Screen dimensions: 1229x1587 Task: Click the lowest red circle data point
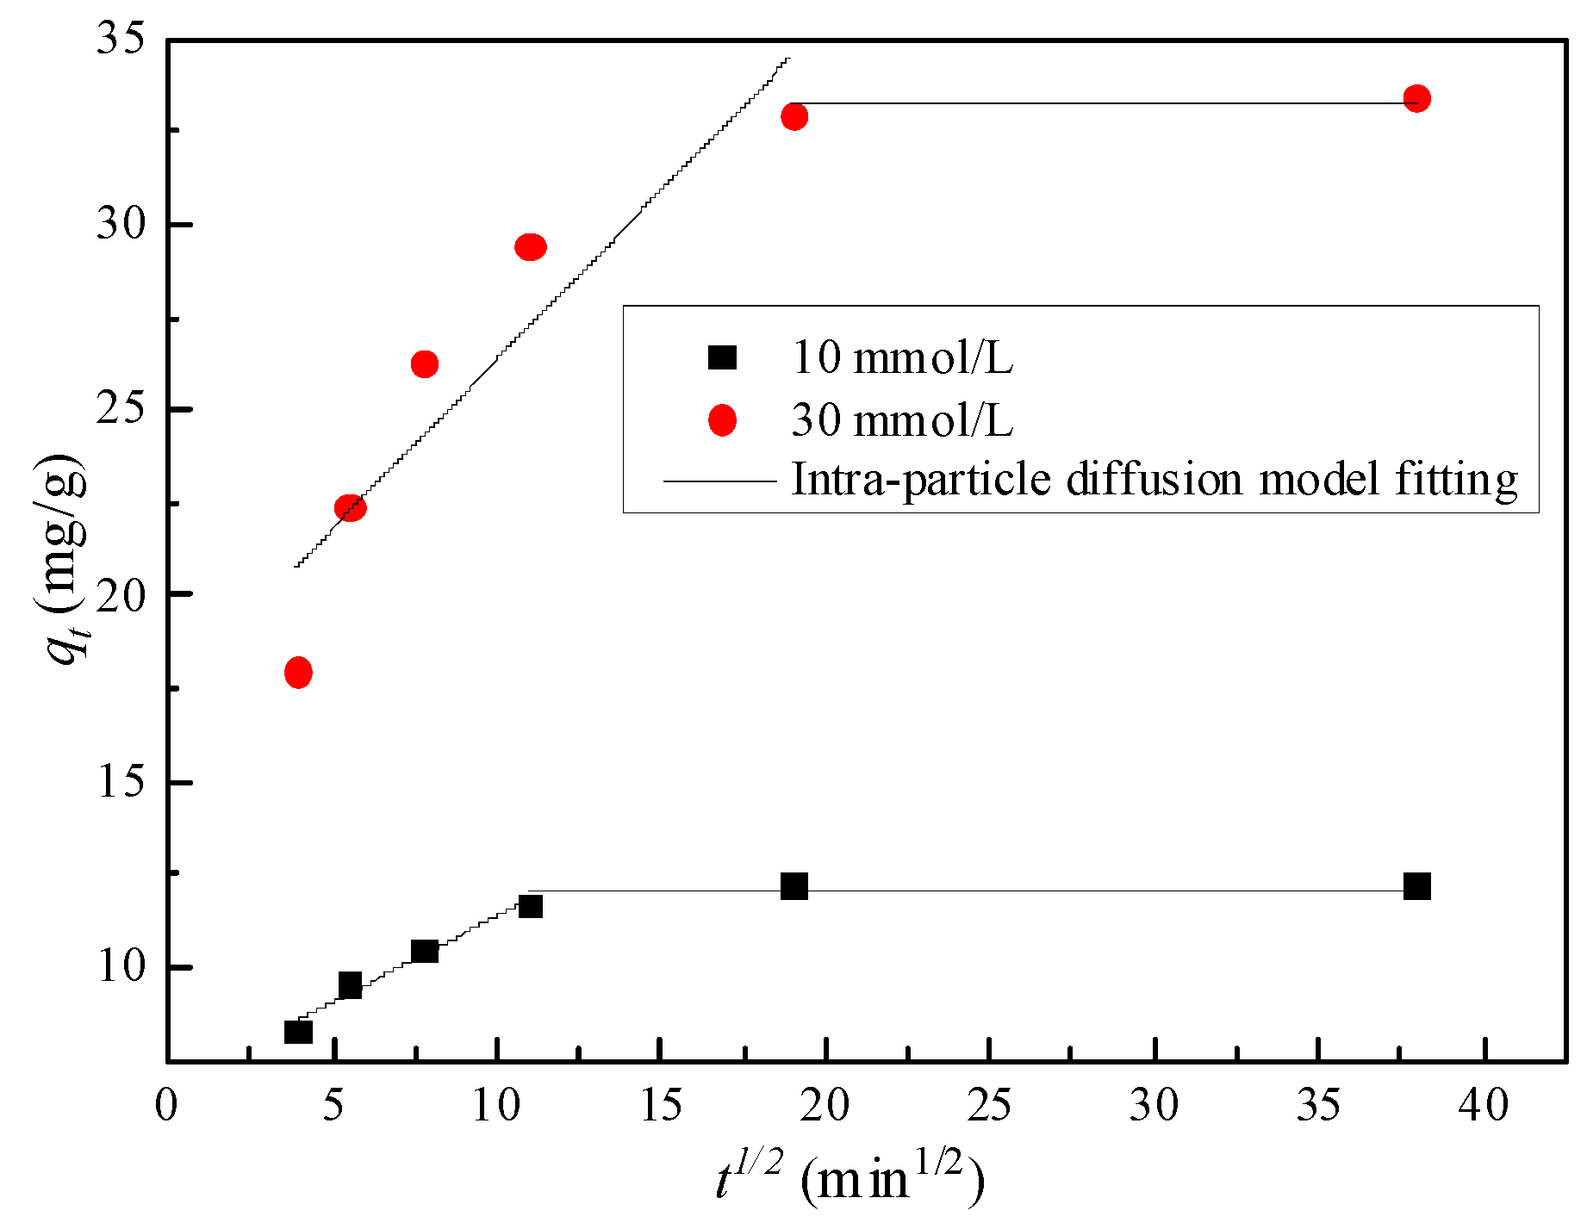point(298,672)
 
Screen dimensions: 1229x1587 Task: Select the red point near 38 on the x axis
point(1416,98)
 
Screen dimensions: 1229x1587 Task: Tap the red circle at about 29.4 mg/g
point(530,247)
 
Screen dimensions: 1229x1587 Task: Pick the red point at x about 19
point(794,116)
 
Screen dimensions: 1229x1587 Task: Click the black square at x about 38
point(1416,886)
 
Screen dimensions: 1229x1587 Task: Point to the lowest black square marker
point(298,1031)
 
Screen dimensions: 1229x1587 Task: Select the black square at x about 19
point(794,886)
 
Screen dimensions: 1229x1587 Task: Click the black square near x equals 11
point(530,906)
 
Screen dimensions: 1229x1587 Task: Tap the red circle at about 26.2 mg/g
point(424,364)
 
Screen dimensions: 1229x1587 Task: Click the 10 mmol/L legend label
point(901,357)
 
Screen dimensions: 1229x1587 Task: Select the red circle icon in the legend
point(722,421)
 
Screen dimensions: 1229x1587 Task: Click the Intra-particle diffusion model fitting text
point(1154,479)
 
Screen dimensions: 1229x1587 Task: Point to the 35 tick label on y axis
point(120,40)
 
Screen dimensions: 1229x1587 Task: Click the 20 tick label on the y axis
point(120,594)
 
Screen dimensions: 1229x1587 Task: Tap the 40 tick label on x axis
point(1483,1105)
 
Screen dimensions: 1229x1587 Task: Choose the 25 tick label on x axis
point(988,1105)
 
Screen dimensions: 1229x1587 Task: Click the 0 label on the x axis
point(167,1105)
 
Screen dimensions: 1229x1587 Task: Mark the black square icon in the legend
point(722,357)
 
